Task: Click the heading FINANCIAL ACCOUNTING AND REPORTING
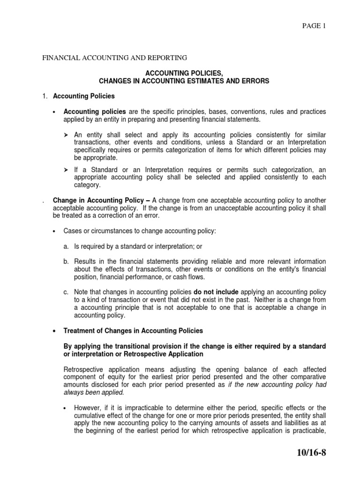(x=115, y=58)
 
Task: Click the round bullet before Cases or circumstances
(x=55, y=231)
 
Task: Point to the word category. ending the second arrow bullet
(x=87, y=186)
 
